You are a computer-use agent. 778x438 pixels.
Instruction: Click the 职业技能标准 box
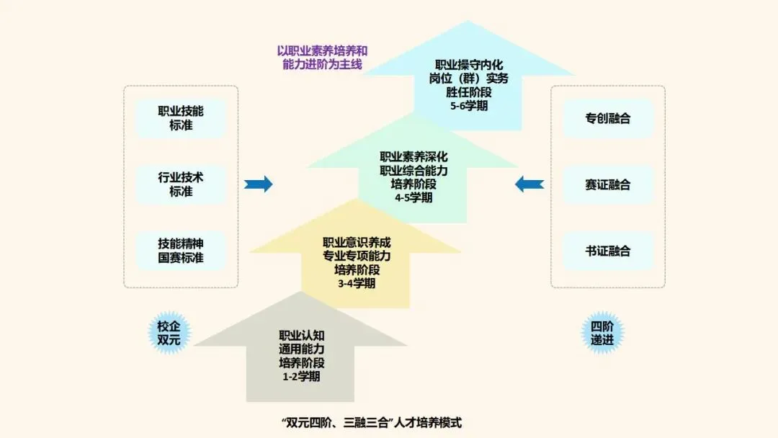coord(181,118)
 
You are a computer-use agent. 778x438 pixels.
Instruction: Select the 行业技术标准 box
coord(181,184)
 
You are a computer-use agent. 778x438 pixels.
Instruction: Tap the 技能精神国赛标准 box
coord(181,251)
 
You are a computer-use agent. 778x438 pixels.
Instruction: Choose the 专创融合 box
coord(608,118)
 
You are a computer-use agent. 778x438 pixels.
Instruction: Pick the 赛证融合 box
coord(608,184)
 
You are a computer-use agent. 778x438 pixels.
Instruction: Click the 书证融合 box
coord(608,251)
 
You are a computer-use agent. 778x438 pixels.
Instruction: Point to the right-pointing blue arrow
coord(258,184)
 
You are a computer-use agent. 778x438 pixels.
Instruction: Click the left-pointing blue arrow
coord(529,184)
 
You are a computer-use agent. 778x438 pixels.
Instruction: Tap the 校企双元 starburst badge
coord(169,333)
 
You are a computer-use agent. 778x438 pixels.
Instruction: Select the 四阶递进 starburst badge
coord(602,333)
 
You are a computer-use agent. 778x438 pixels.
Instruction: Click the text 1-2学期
coord(301,376)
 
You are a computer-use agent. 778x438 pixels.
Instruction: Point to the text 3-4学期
coord(356,283)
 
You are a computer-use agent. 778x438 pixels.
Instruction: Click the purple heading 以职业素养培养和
coord(322,51)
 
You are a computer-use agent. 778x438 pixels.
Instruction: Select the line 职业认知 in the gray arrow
coord(301,335)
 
